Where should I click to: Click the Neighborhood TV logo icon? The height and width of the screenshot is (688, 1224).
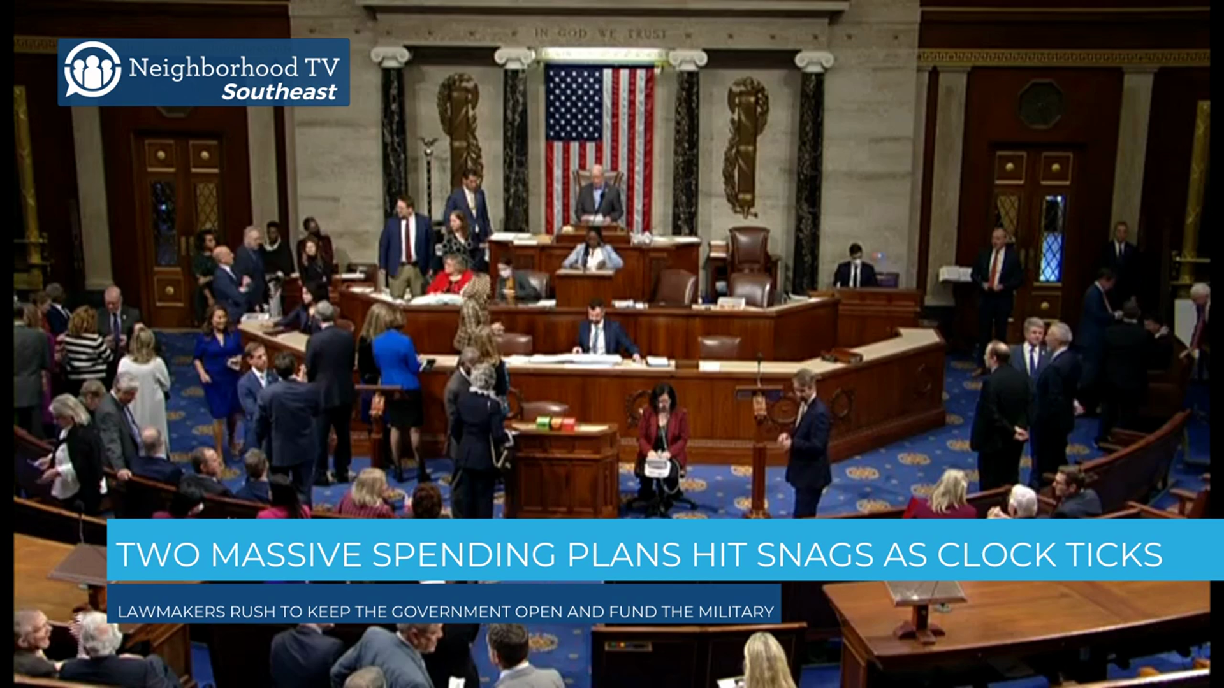pyautogui.click(x=92, y=69)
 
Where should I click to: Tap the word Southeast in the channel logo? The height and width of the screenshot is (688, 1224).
pyautogui.click(x=279, y=92)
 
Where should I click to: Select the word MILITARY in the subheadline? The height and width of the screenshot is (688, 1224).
pyautogui.click(x=736, y=612)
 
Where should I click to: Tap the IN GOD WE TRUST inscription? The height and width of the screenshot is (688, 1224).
pyautogui.click(x=601, y=33)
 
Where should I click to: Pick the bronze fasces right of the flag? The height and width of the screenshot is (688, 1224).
pyautogui.click(x=744, y=147)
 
